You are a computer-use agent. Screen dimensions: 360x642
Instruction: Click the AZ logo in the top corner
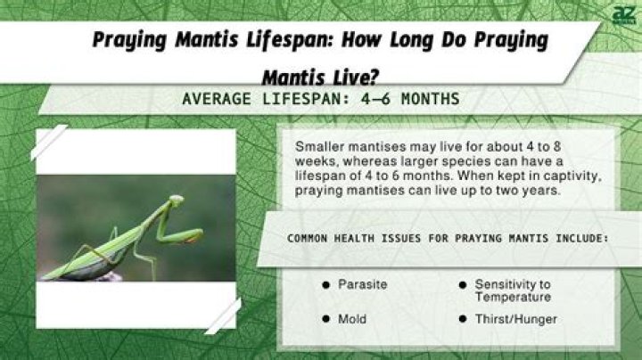(621, 15)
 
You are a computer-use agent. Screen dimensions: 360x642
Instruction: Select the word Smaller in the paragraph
(318, 145)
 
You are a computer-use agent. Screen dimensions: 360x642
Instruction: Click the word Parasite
(362, 284)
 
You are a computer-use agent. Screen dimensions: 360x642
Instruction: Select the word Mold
(351, 318)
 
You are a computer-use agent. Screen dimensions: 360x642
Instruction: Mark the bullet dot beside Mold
(325, 318)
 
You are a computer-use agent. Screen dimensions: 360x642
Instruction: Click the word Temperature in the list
(512, 297)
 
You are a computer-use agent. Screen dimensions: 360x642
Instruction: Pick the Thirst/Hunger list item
(515, 318)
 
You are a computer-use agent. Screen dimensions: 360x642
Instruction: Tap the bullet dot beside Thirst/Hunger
(463, 318)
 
